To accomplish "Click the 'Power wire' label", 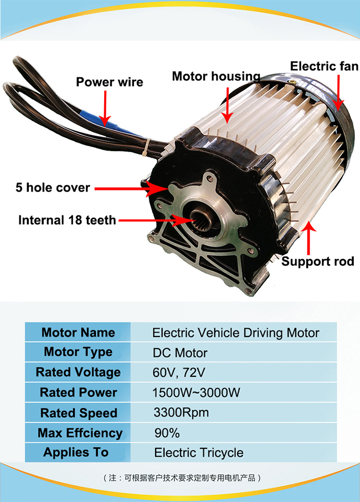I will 109,82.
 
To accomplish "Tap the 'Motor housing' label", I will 216,76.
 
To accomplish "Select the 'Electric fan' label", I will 324,67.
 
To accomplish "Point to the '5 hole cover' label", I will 53,188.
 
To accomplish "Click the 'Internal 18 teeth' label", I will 67,220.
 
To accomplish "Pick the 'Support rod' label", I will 317,261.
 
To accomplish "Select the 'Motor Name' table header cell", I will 78,333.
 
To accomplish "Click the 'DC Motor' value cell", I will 180,353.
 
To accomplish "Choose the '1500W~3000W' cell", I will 196,392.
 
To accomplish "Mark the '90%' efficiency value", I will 167,432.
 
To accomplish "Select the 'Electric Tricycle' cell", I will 199,452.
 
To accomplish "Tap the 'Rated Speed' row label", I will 78,413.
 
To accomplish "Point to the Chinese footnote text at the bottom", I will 181,477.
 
